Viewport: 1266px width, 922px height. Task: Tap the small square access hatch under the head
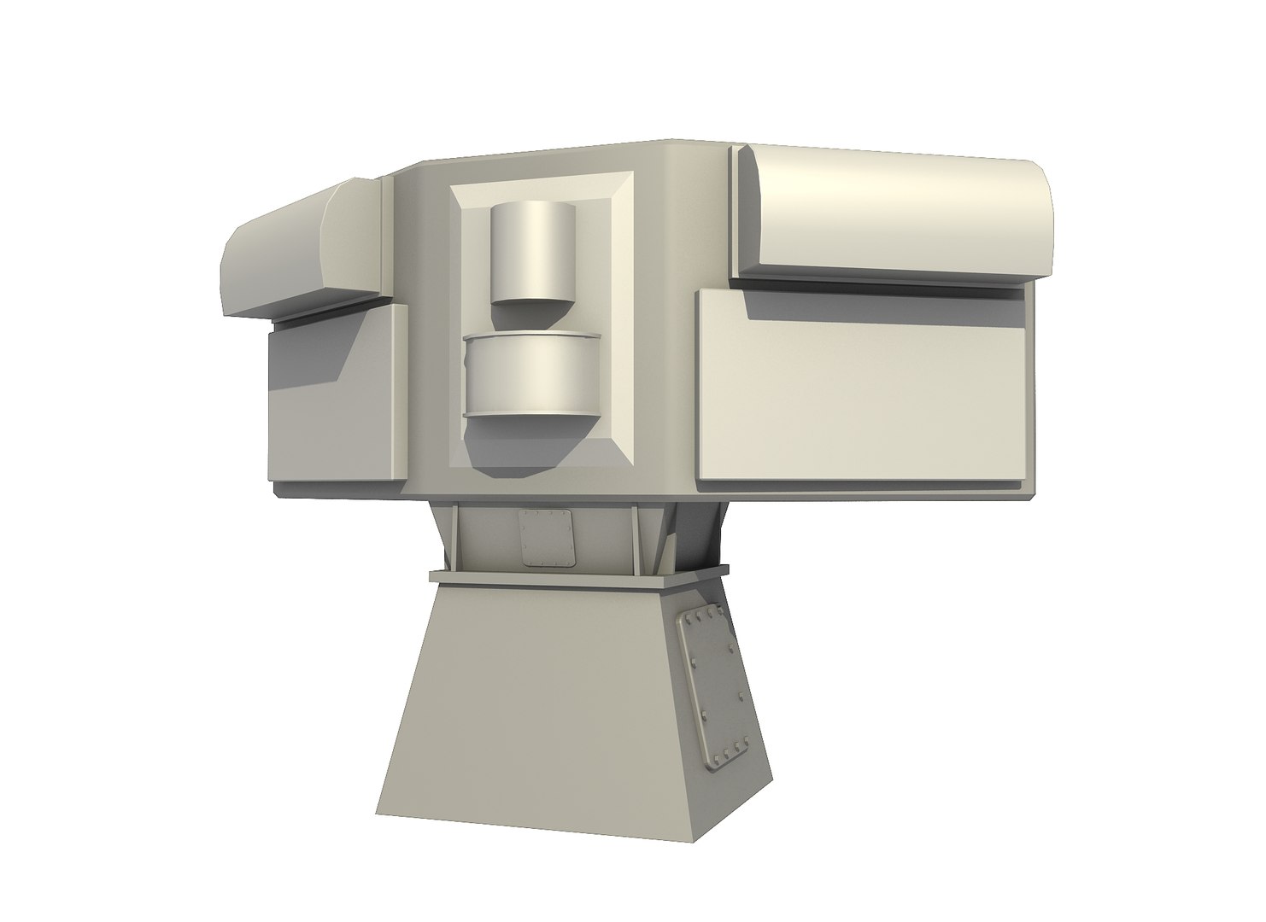point(546,538)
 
